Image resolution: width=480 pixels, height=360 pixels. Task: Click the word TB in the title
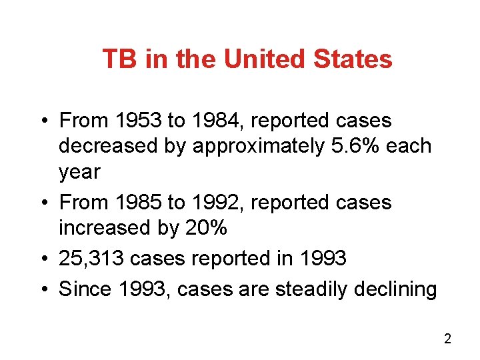[x=120, y=59]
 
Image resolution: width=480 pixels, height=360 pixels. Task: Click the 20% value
[x=205, y=228]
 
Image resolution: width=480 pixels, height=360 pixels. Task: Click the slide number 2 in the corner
[x=447, y=339]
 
